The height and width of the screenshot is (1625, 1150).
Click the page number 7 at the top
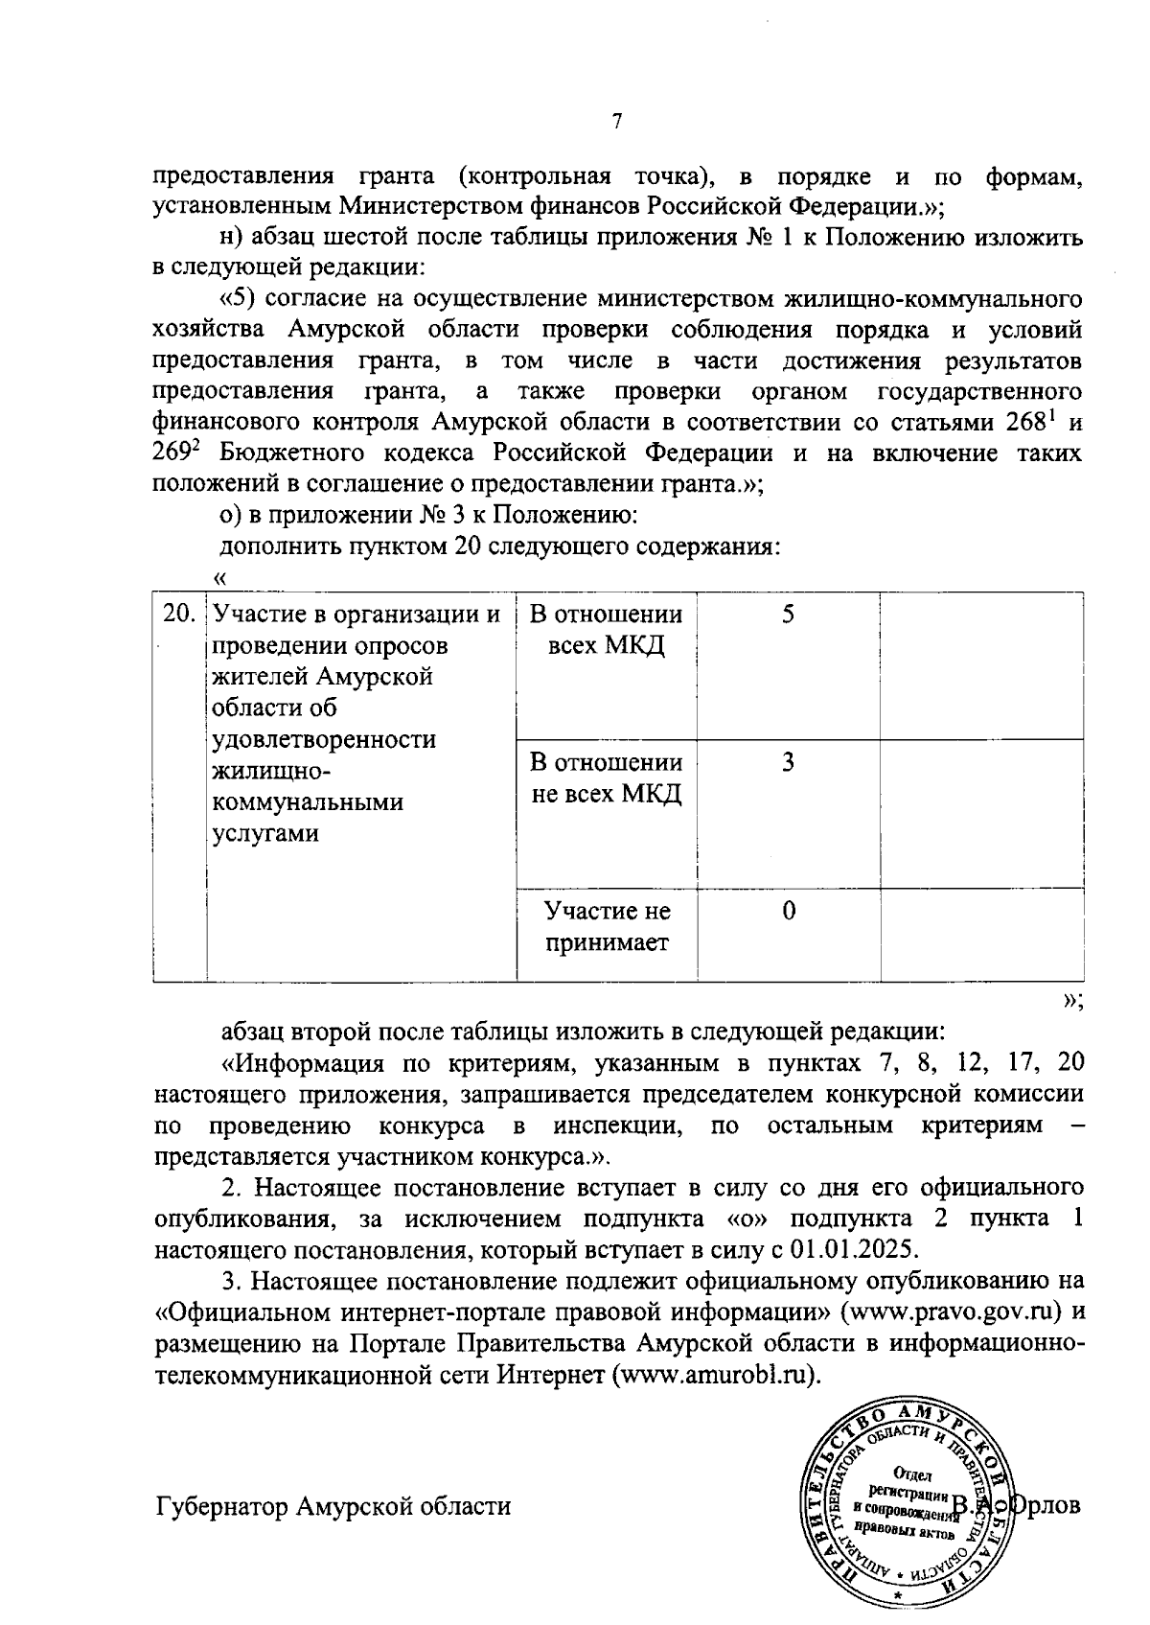click(617, 122)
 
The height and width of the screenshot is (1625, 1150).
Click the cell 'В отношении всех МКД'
click(606, 630)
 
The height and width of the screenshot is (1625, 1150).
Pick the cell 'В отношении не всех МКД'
click(606, 778)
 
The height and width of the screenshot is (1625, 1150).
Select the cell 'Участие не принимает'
click(606, 926)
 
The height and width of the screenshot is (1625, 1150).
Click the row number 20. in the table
click(179, 615)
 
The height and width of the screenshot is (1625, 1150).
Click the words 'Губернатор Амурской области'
click(333, 1506)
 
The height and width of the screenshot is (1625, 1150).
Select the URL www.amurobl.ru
click(721, 1374)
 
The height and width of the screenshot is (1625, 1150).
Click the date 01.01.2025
click(853, 1250)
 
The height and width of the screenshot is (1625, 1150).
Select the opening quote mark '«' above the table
click(219, 578)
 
